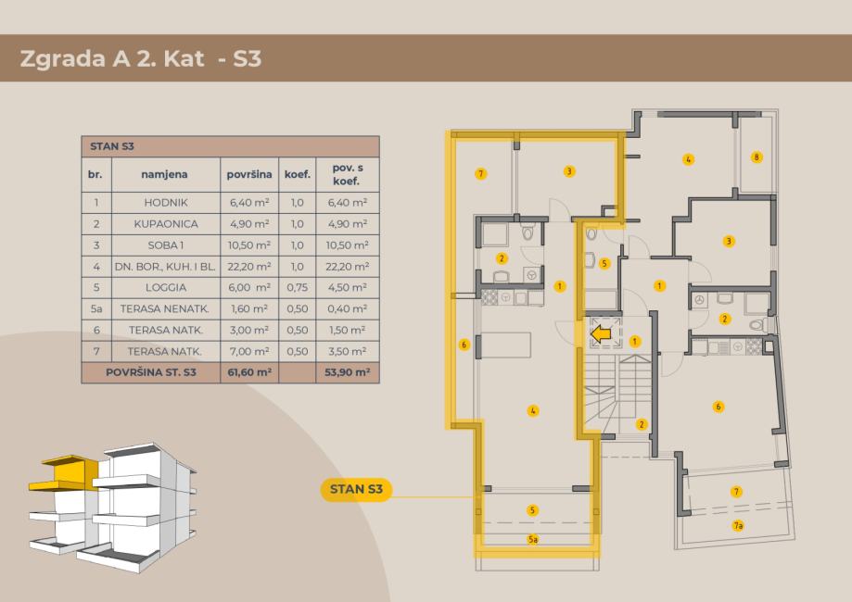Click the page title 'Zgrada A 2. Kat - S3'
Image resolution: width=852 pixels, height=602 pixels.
[x=141, y=58]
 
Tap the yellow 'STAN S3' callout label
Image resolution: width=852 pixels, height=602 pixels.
[x=356, y=489]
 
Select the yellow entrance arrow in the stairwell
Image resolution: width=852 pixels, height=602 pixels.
[x=601, y=334]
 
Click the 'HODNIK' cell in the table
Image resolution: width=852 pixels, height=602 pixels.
[x=166, y=203]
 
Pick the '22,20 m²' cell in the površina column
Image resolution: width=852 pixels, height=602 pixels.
[x=249, y=267]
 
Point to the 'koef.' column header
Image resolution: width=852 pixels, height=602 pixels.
[x=298, y=174]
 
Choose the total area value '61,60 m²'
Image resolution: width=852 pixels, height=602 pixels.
[x=249, y=372]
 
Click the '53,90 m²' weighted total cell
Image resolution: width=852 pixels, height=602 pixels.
[x=348, y=372]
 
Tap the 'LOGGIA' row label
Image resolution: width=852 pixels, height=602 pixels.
[x=166, y=288]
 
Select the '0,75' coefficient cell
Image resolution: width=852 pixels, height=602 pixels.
[x=298, y=288]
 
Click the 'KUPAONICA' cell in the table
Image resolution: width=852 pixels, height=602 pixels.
[x=166, y=223]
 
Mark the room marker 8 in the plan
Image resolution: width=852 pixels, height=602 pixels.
[x=757, y=157]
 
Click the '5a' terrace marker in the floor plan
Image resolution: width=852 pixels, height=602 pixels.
[x=533, y=540]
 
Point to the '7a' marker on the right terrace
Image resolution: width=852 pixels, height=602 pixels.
[x=738, y=525]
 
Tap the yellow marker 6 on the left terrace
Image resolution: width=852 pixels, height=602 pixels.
[x=464, y=345]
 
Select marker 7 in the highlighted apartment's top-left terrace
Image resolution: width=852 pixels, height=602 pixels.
[x=480, y=174]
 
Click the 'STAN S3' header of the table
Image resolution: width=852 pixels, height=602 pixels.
[x=112, y=146]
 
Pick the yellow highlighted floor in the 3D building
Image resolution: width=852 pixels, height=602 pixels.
[x=65, y=472]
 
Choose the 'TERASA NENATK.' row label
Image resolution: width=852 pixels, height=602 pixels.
[x=165, y=308]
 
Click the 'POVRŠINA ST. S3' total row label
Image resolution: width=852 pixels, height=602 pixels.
[x=151, y=372]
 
